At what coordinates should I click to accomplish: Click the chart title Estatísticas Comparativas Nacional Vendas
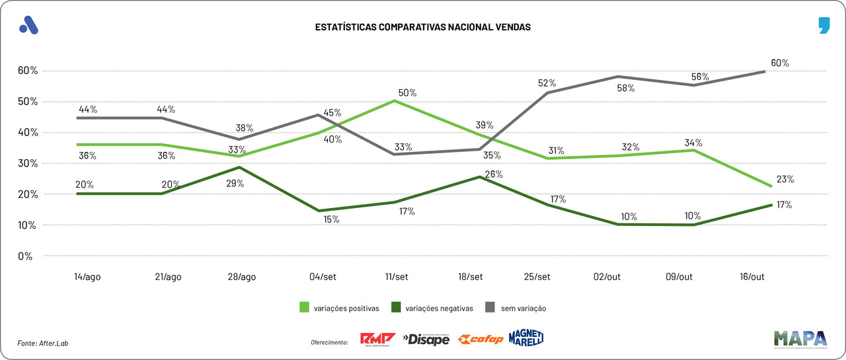tap(422, 27)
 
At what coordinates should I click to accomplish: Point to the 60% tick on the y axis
tap(29, 71)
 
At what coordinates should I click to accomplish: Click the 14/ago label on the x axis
tap(87, 277)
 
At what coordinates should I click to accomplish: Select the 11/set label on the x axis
tap(395, 277)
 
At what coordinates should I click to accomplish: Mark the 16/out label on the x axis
tap(752, 277)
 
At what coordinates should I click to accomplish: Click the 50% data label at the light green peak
tap(407, 93)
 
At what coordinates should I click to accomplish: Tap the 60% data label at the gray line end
tap(780, 63)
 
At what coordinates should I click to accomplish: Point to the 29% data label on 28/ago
tap(235, 184)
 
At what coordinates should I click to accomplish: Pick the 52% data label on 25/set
tap(547, 83)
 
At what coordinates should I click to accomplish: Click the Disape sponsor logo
tap(426, 339)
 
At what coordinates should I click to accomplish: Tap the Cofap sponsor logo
tap(481, 339)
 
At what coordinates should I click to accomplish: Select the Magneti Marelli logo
tap(526, 338)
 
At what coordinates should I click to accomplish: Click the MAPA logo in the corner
tap(800, 338)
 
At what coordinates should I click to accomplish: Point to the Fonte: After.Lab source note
tap(43, 343)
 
